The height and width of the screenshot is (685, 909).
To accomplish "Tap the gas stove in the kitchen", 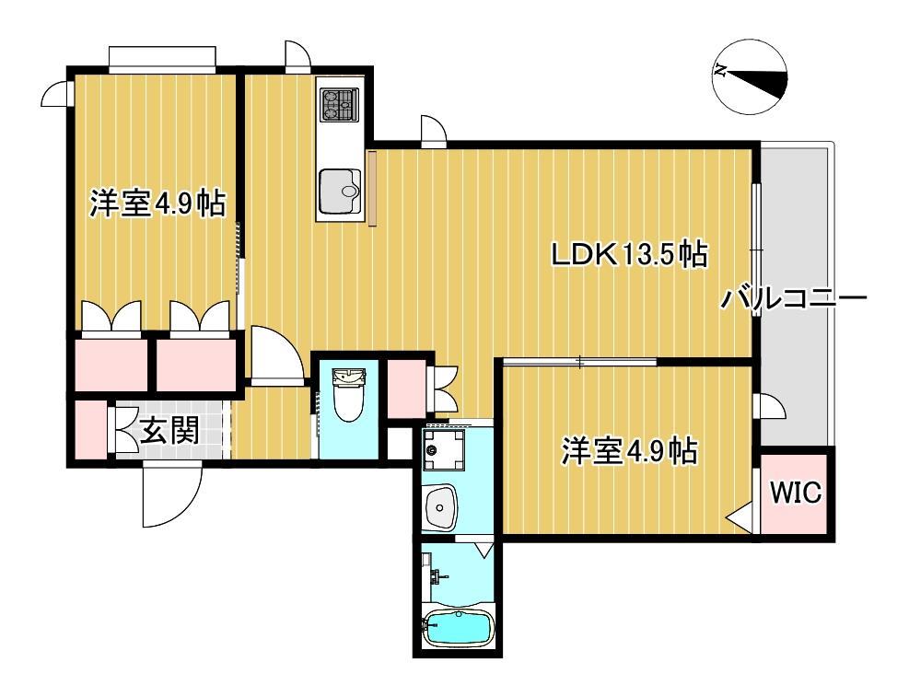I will click(x=338, y=104).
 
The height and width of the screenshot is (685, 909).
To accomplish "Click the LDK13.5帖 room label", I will click(x=629, y=255).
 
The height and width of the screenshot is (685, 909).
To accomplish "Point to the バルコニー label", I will click(x=794, y=299).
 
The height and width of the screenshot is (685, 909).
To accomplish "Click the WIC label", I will click(x=795, y=493).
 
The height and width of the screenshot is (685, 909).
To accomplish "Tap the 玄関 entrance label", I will click(x=170, y=430).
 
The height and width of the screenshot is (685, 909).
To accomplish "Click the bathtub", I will click(x=458, y=630).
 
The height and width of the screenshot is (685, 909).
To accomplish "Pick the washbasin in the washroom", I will click(x=443, y=506).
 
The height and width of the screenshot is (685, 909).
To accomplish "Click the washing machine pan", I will click(x=446, y=453).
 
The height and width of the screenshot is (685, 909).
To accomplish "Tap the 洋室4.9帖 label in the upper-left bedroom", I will click(x=157, y=203).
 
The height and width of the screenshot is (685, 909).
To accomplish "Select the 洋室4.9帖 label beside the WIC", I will click(x=629, y=451).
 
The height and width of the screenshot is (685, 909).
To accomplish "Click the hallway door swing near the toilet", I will click(x=276, y=354).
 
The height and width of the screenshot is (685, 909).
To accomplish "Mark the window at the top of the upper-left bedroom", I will click(x=162, y=59).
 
